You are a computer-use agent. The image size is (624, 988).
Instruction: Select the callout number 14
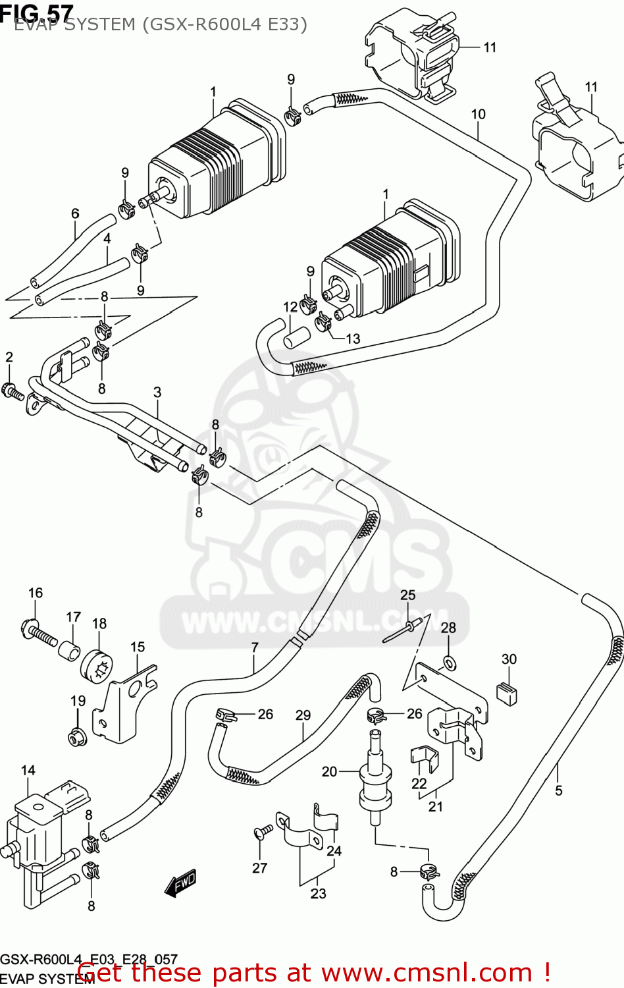pos(28,771)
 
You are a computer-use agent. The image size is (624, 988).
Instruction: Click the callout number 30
pos(509,659)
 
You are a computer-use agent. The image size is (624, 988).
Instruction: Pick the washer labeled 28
pos(450,662)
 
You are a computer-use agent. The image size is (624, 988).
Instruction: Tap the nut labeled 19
pos(77,736)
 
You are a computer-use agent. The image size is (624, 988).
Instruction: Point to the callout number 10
pos(478,114)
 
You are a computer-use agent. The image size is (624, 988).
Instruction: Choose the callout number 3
pos(157,393)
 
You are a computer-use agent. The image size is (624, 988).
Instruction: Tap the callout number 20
pos(329,771)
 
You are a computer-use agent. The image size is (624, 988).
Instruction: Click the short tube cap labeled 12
pos(296,336)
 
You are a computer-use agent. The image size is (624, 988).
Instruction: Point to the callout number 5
pos(558,790)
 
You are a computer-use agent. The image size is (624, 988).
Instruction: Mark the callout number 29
pos(303,715)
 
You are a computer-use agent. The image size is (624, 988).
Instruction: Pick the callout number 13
pos(353,339)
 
